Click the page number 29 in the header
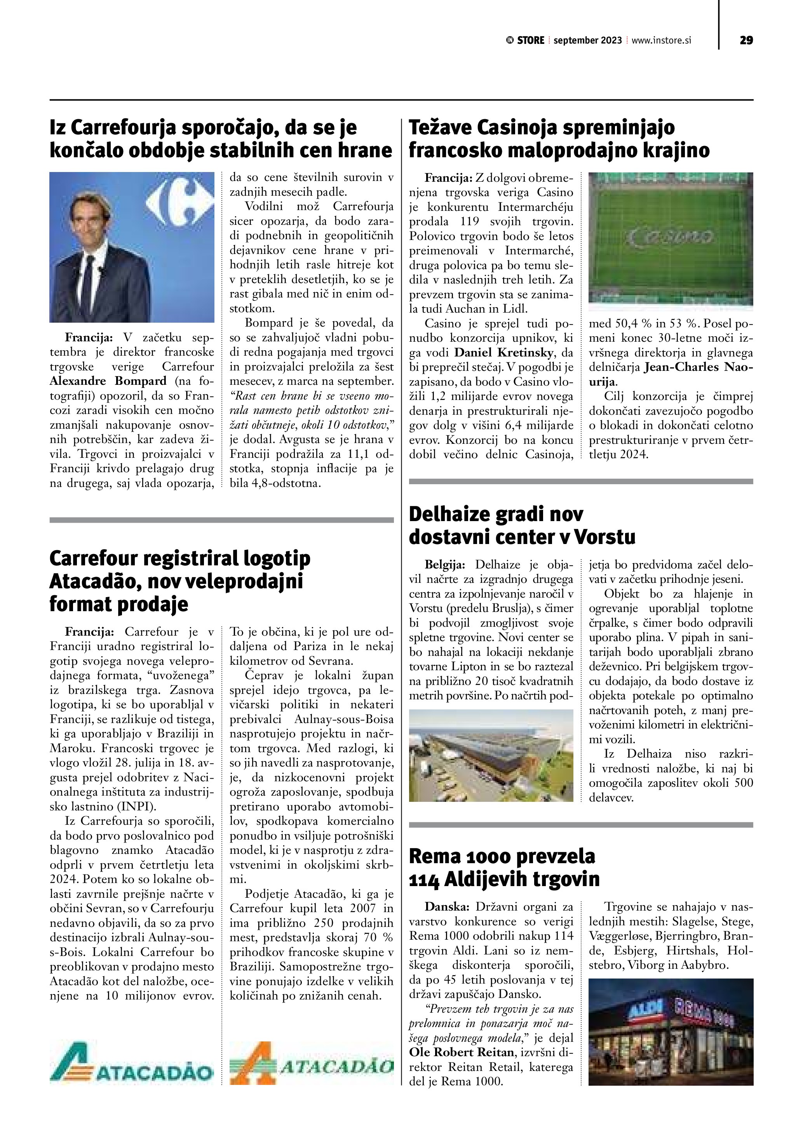[746, 40]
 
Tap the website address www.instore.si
[661, 40]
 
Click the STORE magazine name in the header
[531, 40]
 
